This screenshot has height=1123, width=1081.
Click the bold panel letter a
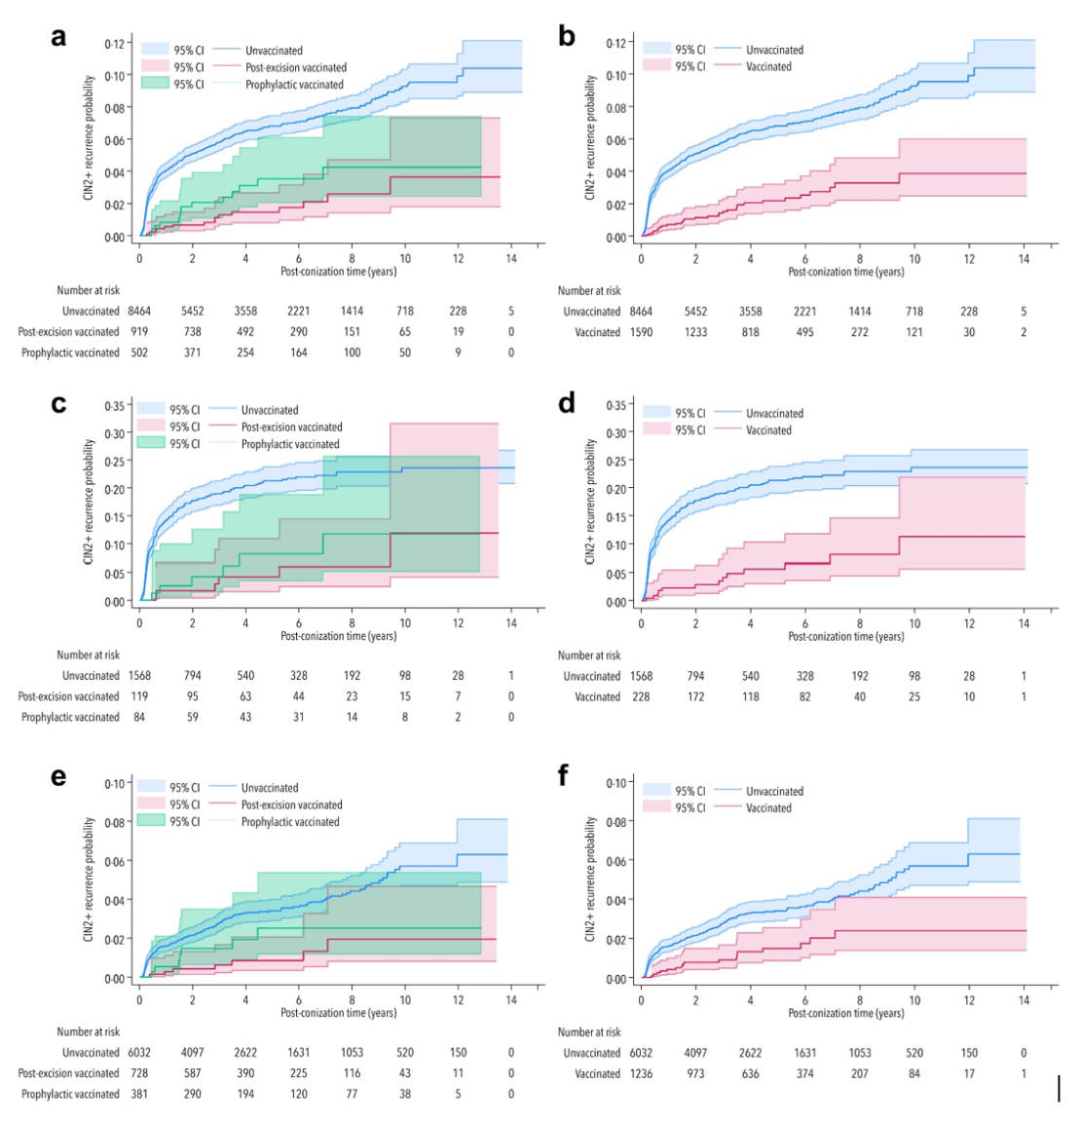point(59,37)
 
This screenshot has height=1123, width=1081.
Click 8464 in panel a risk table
point(139,312)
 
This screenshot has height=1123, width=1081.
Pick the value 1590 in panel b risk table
point(640,332)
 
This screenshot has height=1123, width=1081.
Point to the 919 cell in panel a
point(139,332)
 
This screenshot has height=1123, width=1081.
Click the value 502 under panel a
point(139,353)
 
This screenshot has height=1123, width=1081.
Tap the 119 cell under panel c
point(139,696)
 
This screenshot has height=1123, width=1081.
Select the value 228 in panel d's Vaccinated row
point(640,696)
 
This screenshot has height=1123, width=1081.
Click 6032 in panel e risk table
point(139,1053)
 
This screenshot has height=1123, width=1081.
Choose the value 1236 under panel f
point(640,1073)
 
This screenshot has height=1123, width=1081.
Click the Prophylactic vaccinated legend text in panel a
point(294,85)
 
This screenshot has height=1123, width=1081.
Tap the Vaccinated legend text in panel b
point(768,66)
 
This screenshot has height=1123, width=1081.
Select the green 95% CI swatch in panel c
point(150,443)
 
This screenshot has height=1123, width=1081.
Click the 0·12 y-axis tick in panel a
point(116,44)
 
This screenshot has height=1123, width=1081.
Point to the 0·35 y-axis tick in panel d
point(615,405)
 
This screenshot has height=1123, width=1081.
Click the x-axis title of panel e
point(339,1013)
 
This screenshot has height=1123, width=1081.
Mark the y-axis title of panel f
point(590,879)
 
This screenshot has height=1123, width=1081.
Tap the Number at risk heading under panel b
point(589,290)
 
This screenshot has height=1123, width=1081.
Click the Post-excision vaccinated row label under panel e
point(68,1073)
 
